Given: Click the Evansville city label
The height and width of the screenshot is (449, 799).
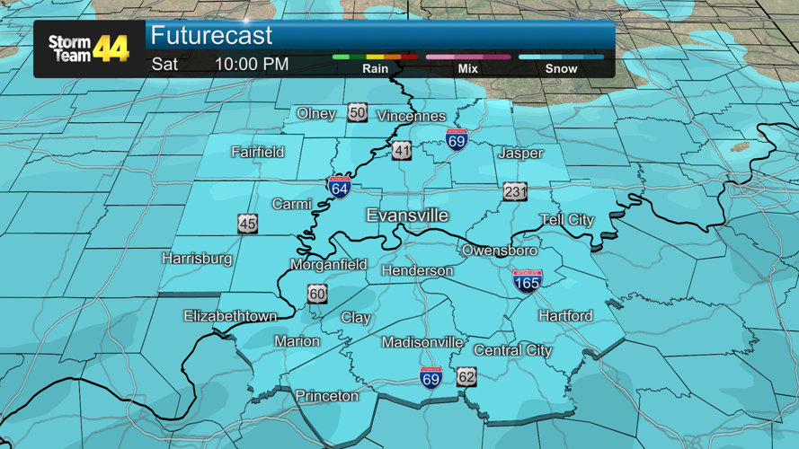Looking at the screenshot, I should pyautogui.click(x=407, y=216).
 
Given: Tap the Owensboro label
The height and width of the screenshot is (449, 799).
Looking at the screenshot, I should pyautogui.click(x=500, y=251).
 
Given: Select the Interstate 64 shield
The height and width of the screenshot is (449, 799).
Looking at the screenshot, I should pyautogui.click(x=339, y=187).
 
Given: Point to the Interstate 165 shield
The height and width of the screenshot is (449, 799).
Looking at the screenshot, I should pyautogui.click(x=528, y=281).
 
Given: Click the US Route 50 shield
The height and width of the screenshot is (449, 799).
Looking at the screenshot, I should pyautogui.click(x=358, y=112).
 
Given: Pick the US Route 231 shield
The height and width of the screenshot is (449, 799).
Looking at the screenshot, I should pyautogui.click(x=515, y=192).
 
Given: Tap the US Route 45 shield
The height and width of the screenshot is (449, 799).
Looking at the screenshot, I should pyautogui.click(x=248, y=224).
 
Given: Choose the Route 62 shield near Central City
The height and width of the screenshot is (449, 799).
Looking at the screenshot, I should pyautogui.click(x=466, y=376).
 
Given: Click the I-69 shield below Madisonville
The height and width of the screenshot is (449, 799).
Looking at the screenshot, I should pyautogui.click(x=431, y=376).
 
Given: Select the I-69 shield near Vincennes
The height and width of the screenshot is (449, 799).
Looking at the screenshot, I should pyautogui.click(x=457, y=139).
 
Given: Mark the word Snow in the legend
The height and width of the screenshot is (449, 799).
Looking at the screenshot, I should pyautogui.click(x=562, y=68).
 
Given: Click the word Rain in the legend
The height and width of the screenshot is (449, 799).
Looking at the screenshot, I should pyautogui.click(x=376, y=68).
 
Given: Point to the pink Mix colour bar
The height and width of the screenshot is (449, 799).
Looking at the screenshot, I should pyautogui.click(x=468, y=57).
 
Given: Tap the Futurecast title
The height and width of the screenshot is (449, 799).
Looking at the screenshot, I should pyautogui.click(x=211, y=36).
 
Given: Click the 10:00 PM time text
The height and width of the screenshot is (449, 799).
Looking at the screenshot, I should pyautogui.click(x=252, y=64).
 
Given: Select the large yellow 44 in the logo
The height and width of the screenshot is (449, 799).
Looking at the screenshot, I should pyautogui.click(x=111, y=48).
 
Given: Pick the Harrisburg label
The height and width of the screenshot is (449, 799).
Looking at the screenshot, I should pyautogui.click(x=197, y=259).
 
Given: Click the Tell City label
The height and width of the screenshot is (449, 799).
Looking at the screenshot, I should pyautogui.click(x=567, y=220).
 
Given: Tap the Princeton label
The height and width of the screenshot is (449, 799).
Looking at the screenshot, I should pyautogui.click(x=327, y=396).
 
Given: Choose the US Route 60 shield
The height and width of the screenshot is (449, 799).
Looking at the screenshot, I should pyautogui.click(x=316, y=294).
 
